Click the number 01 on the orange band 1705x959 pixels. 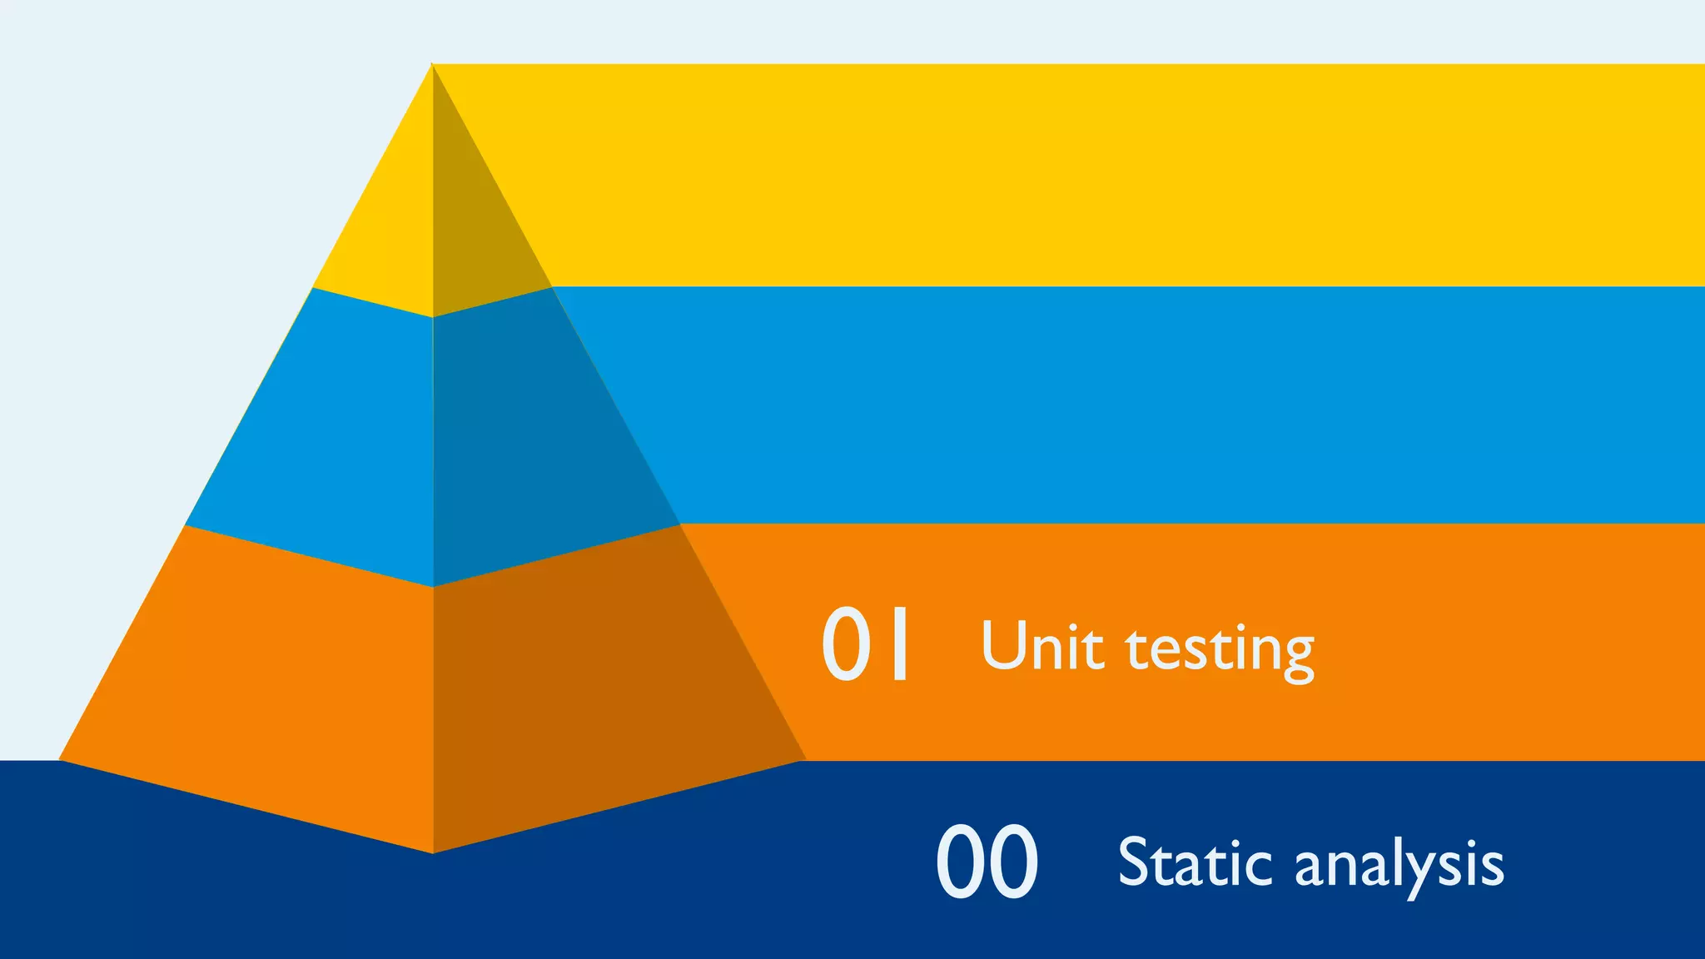pos(866,643)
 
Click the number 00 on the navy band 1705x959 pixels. pos(987,862)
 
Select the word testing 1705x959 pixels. pos(1220,649)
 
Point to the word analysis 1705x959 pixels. pos(1399,866)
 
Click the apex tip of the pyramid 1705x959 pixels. pos(432,66)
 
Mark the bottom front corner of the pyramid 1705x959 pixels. pos(433,852)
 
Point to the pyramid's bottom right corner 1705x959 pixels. pos(803,758)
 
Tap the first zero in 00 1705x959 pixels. pos(961,862)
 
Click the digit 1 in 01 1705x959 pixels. pos(899,643)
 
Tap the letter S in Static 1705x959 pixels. pos(1136,862)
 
